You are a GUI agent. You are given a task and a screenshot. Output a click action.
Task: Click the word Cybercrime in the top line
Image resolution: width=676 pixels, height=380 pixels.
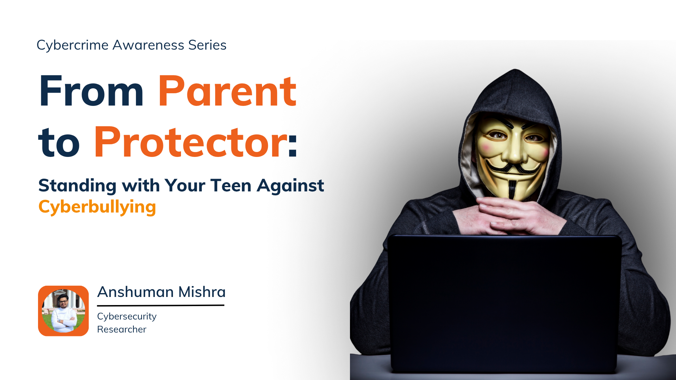(73, 45)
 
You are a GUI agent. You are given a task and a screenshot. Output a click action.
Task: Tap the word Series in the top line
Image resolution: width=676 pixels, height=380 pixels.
(207, 45)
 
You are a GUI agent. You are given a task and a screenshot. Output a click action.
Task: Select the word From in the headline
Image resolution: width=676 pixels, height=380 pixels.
(92, 91)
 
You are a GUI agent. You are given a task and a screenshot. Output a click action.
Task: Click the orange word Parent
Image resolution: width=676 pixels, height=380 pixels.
(227, 91)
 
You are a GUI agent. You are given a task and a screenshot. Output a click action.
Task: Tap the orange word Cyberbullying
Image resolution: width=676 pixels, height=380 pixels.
(97, 207)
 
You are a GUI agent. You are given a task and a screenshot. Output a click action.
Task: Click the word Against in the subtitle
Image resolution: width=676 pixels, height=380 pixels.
(290, 185)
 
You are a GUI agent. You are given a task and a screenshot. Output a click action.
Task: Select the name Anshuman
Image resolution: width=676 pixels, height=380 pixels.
(136, 292)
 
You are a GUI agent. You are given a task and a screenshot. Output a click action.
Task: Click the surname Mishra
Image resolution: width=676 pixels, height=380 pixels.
(202, 292)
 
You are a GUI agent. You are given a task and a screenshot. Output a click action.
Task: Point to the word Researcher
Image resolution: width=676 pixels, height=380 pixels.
(122, 329)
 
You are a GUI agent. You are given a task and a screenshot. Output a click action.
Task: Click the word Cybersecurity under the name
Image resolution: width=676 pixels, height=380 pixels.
(127, 317)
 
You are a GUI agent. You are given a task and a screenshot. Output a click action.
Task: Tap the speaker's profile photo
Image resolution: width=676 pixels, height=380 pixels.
(63, 311)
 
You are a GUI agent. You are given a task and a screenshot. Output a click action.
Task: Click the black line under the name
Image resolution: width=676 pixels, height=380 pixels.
(161, 305)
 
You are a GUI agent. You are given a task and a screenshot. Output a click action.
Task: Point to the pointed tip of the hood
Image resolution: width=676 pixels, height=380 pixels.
(515, 70)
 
